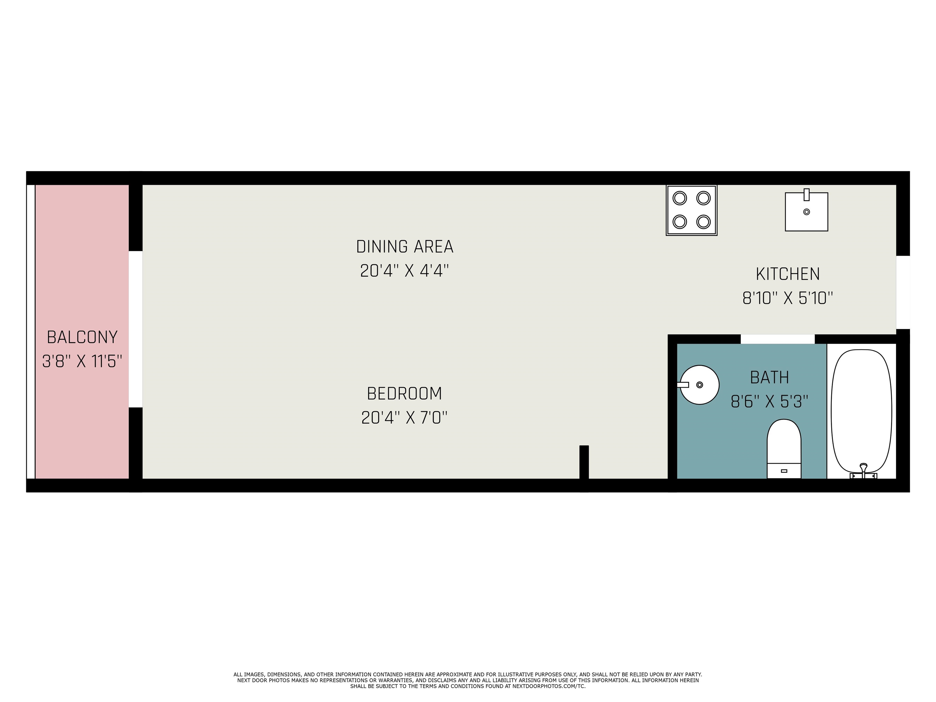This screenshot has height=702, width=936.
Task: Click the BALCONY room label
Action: [x=82, y=337]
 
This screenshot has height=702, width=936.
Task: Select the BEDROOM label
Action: [x=405, y=394]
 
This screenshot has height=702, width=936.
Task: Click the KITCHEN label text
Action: [x=788, y=274]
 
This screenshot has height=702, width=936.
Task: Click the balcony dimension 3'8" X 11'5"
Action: [x=82, y=361]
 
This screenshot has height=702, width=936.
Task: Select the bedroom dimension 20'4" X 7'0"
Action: [x=405, y=418]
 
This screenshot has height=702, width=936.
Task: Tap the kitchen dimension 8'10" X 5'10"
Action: [x=788, y=298]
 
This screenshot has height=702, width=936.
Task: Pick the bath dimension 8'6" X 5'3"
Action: [x=769, y=401]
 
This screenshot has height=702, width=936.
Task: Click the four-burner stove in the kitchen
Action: [x=691, y=210]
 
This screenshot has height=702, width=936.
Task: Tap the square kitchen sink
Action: [x=806, y=211]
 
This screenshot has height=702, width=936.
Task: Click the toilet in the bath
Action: [x=784, y=449]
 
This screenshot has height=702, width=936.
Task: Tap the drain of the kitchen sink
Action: [x=807, y=211]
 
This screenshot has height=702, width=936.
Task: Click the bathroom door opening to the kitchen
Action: [x=777, y=339]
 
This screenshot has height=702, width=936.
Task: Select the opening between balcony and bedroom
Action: [x=135, y=329]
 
